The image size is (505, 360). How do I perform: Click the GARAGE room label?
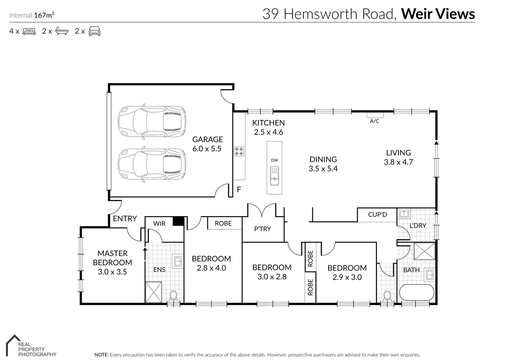(207, 139)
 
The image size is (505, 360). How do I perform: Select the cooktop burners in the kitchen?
(239, 151)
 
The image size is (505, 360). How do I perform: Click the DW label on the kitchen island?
(274, 160)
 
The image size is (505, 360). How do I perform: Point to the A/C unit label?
(375, 121)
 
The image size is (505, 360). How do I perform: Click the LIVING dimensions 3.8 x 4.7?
(398, 162)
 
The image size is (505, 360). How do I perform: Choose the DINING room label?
(323, 159)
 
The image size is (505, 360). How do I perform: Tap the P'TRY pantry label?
(262, 229)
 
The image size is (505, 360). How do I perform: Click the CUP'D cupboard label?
(377, 215)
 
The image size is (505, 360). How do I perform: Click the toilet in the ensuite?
(173, 295)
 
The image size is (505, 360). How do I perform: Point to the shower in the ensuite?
(153, 292)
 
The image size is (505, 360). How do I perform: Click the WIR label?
(159, 223)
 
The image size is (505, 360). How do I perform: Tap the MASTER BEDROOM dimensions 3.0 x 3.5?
(112, 272)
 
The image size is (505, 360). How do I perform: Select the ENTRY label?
(125, 219)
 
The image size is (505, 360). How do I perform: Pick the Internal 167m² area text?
(32, 15)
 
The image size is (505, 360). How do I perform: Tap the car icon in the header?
(94, 31)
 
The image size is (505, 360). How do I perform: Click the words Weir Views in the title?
(438, 14)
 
